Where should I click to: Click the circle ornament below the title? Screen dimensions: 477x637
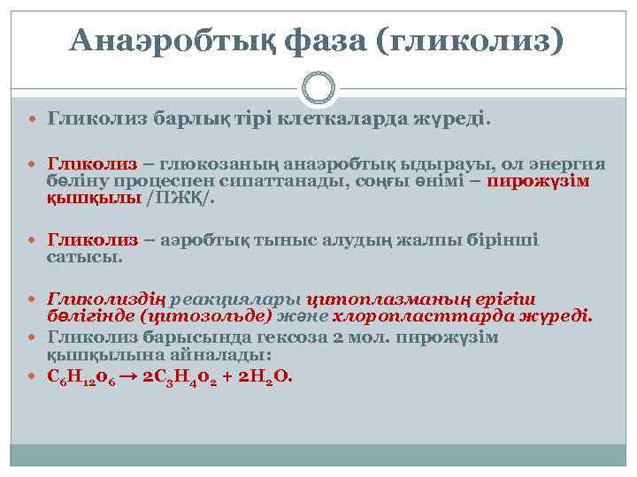pos(318,88)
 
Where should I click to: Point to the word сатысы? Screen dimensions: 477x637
pos(85,257)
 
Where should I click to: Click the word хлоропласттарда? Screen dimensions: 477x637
pos(428,316)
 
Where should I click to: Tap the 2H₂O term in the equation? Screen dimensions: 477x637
pos(265,375)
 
